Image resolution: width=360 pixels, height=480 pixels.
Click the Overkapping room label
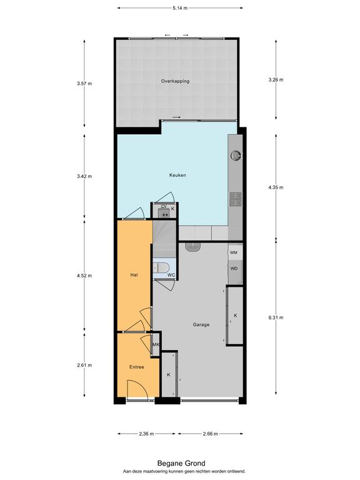(175, 81)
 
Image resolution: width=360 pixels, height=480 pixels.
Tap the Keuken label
(177, 175)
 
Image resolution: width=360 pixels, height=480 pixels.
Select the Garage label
(201, 324)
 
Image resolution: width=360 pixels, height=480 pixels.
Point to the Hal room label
(134, 275)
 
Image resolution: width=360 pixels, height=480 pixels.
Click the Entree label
(136, 367)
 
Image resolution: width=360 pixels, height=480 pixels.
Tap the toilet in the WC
(159, 268)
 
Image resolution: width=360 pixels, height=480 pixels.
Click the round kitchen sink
(236, 156)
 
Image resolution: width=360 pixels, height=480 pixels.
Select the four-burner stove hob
(236, 199)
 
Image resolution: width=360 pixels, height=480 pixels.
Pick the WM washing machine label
(234, 252)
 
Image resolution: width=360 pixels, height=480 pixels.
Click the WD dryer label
(234, 269)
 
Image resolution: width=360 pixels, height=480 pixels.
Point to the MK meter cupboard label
(156, 345)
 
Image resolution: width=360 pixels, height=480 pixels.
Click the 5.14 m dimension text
(180, 8)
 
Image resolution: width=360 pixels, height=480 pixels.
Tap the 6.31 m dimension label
(276, 317)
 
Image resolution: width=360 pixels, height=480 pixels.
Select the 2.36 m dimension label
(146, 434)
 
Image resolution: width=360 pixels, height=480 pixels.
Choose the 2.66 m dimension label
(210, 434)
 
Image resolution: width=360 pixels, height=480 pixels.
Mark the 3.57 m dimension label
(84, 83)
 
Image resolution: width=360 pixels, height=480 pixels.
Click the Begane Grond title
(181, 463)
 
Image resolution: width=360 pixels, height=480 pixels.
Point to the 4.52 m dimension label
(84, 276)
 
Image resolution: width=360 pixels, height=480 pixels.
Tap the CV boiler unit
(165, 213)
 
